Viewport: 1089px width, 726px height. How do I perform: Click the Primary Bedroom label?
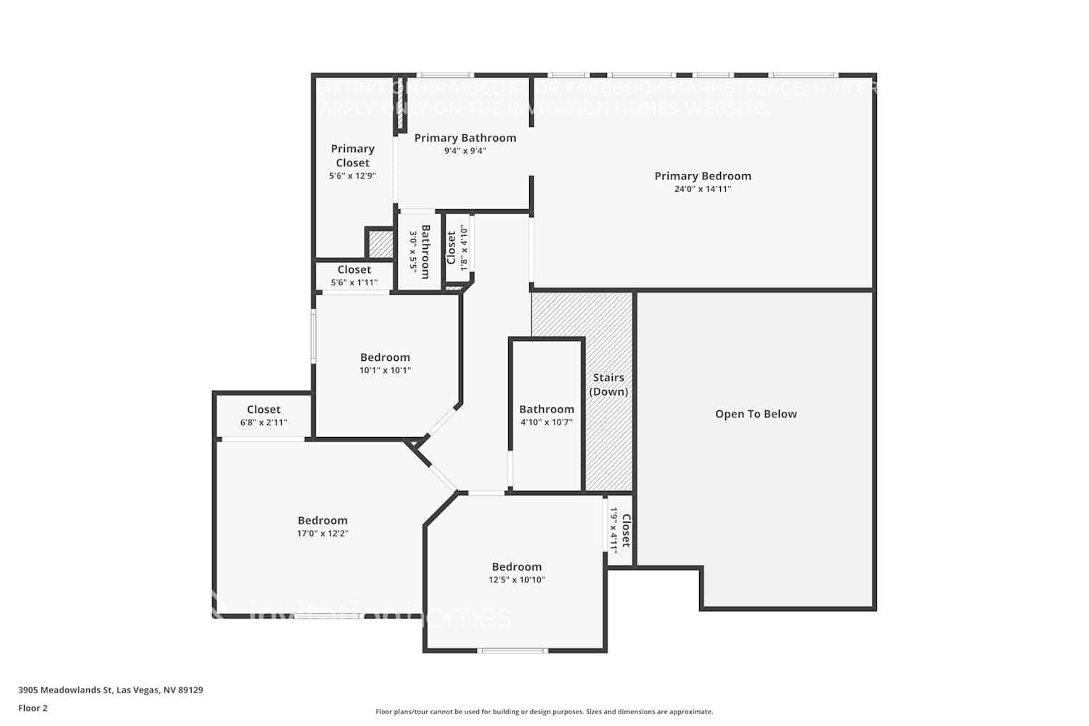point(702,176)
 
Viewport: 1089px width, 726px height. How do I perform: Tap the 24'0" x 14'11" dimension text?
point(702,189)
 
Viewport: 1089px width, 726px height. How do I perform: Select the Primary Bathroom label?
point(465,138)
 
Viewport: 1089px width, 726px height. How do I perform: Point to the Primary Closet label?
point(352,155)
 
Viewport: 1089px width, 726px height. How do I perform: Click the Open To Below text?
point(755,414)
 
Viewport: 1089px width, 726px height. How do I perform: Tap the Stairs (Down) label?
point(608,384)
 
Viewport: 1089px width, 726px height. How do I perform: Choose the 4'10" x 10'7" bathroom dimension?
point(546,423)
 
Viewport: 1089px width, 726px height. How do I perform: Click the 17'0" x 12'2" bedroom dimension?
point(322,534)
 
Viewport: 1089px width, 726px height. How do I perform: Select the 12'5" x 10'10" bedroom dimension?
point(516,580)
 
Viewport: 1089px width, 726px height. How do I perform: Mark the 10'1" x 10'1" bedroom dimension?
point(385,370)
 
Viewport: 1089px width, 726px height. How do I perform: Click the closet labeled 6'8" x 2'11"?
point(264,415)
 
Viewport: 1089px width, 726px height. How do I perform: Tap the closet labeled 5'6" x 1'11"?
point(354,276)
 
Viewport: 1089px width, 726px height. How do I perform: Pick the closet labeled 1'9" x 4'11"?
point(620,531)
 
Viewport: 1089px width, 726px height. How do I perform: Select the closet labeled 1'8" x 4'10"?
point(457,248)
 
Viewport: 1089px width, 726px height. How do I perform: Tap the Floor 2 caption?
point(33,709)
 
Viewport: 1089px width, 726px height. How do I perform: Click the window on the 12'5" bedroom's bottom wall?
point(513,650)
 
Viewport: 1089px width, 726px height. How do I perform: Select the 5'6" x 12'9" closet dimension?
point(352,176)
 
